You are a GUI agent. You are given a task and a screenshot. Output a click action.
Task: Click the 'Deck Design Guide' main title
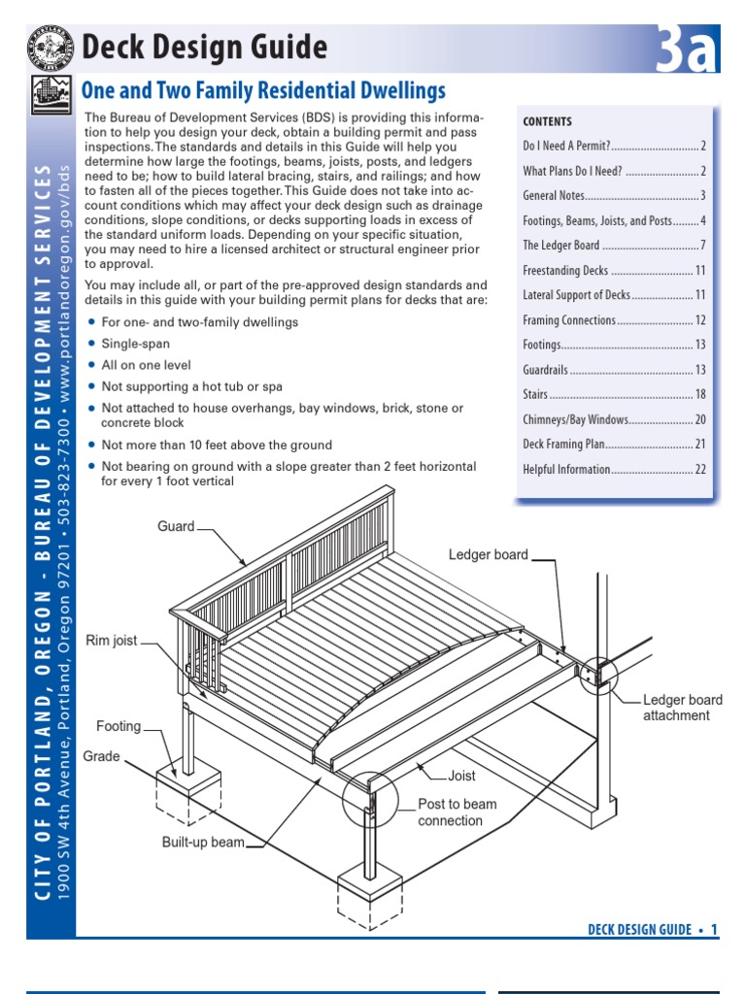click(x=204, y=47)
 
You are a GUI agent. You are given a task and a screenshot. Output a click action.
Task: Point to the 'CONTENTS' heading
click(x=548, y=121)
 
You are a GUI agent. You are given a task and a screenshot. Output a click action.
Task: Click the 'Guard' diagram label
click(x=176, y=527)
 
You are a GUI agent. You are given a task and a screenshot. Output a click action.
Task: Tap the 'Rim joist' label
click(x=112, y=641)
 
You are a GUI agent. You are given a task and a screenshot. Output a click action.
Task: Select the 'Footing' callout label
click(x=119, y=726)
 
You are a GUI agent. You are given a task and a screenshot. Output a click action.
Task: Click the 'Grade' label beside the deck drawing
click(x=102, y=756)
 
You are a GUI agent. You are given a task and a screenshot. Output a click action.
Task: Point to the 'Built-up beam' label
click(x=203, y=843)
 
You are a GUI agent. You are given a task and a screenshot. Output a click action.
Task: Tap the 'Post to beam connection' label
click(x=457, y=812)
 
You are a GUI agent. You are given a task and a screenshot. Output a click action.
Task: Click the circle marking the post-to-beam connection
click(x=371, y=799)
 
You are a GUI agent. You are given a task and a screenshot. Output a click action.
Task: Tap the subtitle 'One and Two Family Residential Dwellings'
click(x=263, y=92)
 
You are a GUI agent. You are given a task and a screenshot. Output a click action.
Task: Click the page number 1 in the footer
click(x=714, y=930)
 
